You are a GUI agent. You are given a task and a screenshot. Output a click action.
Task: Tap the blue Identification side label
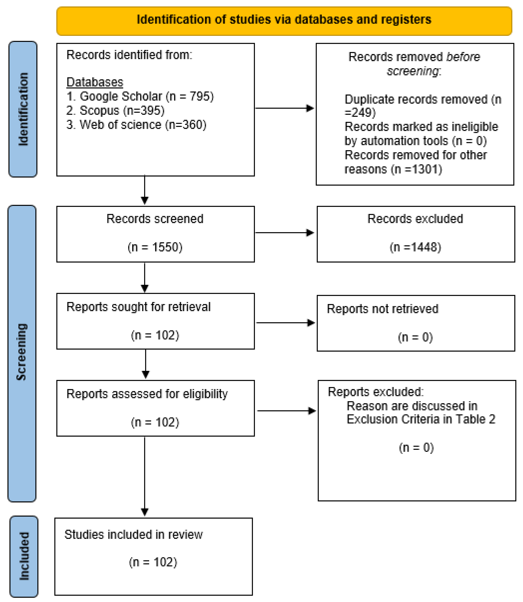(23, 109)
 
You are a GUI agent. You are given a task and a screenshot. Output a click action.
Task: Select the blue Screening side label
(22, 353)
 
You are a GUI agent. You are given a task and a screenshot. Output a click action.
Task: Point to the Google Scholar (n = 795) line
(140, 96)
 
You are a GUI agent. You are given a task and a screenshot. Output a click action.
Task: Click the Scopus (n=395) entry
(116, 111)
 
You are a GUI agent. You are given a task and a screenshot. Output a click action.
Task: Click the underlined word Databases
(95, 82)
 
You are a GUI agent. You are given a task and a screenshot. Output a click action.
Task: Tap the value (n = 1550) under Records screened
(155, 247)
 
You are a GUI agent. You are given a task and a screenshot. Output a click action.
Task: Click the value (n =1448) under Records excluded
(415, 247)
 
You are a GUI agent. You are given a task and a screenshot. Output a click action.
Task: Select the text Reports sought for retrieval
(138, 307)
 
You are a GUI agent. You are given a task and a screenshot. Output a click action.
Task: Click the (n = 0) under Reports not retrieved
(415, 337)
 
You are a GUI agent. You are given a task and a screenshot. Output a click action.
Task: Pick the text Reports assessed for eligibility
(147, 394)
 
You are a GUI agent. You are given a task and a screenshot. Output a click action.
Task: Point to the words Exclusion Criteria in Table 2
(421, 419)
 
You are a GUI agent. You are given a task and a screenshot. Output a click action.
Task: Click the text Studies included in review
(133, 535)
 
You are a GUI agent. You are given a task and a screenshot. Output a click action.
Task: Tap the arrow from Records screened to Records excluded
(285, 233)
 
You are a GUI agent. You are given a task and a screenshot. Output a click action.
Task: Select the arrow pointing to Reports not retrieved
(285, 323)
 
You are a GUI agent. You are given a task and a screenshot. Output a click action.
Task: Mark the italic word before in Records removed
(463, 57)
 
